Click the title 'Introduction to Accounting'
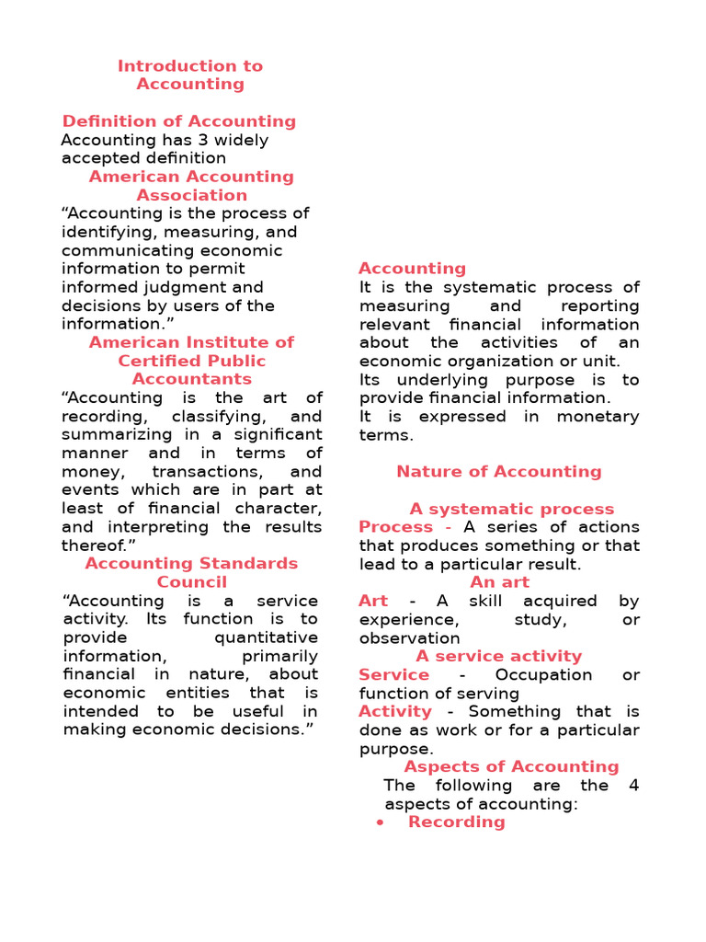pyautogui.click(x=190, y=75)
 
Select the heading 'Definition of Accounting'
pyautogui.click(x=179, y=121)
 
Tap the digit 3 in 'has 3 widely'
pyautogui.click(x=192, y=140)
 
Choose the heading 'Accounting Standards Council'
pyautogui.click(x=191, y=572)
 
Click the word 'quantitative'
pyautogui.click(x=266, y=638)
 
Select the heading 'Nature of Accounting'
pyautogui.click(x=499, y=471)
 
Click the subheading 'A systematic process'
pyautogui.click(x=512, y=509)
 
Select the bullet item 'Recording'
pyautogui.click(x=457, y=821)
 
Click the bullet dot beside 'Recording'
pyautogui.click(x=380, y=822)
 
